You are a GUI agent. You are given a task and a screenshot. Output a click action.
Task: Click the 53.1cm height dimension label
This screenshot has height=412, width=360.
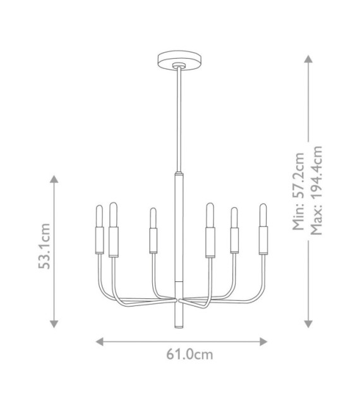click(x=44, y=246)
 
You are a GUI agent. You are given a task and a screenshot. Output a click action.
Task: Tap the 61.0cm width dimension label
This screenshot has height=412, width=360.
click(x=189, y=354)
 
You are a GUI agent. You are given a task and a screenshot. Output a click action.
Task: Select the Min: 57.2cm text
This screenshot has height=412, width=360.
click(x=298, y=191)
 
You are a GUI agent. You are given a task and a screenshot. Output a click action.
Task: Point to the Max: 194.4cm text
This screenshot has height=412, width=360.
click(x=316, y=190)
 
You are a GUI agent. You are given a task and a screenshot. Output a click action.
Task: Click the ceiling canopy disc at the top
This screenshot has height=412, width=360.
click(x=179, y=61)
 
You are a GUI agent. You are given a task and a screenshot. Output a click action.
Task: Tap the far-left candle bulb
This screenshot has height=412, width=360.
click(x=99, y=216)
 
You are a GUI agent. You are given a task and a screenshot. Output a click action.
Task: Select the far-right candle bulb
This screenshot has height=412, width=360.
click(x=263, y=215)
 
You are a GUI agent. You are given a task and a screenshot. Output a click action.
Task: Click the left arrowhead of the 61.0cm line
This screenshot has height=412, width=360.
click(x=100, y=342)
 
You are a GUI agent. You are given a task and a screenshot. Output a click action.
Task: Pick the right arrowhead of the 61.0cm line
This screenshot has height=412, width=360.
click(x=263, y=342)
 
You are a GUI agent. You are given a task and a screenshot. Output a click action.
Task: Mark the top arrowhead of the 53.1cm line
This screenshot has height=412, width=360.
click(x=54, y=179)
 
